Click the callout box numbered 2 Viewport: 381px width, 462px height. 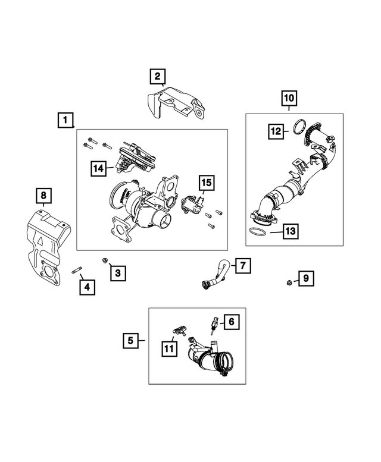coord(158,77)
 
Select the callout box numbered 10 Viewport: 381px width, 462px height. coord(289,98)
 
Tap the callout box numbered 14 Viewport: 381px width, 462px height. coord(98,168)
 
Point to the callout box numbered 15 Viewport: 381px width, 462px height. coord(207,183)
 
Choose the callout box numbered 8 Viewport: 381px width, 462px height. coord(43,196)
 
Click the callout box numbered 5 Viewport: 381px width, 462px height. coord(130,341)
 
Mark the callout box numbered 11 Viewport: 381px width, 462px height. coord(169,349)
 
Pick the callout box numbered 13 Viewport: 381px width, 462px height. coord(291,231)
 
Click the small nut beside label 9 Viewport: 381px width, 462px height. coord(289,282)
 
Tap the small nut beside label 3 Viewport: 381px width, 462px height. coord(104,260)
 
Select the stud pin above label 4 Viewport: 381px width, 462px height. coord(77,270)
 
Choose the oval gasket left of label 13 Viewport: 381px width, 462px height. coord(257,231)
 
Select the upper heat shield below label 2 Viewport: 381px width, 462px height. coord(175,103)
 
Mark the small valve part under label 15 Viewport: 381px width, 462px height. coord(192,205)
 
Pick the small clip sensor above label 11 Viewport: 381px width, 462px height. coord(180,330)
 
